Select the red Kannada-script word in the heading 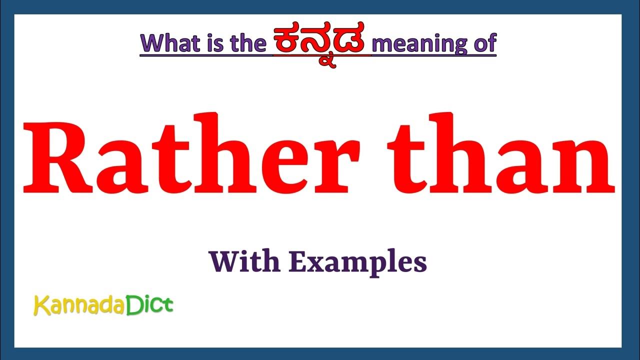[321, 42]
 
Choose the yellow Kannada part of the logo [80, 305]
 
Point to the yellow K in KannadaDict [39, 305]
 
